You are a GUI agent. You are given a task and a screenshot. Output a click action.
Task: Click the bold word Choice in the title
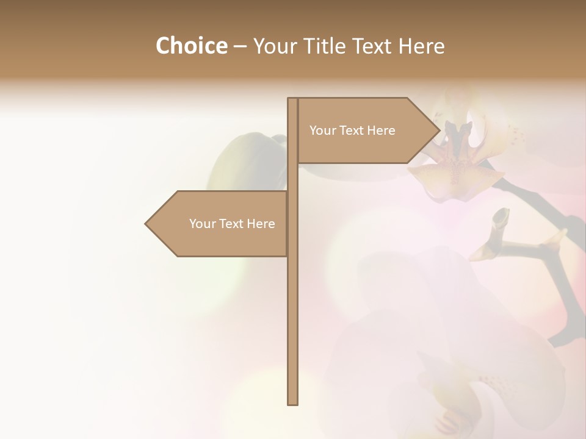(x=191, y=46)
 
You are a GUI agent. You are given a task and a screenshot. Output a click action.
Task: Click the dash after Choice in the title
(x=240, y=46)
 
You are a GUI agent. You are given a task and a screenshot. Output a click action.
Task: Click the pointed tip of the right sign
(x=438, y=130)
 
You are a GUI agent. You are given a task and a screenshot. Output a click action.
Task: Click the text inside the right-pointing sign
(x=352, y=130)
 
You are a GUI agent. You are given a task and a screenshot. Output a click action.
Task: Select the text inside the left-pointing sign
(x=232, y=224)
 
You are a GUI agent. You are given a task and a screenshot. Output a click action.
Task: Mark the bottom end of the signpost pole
(x=292, y=402)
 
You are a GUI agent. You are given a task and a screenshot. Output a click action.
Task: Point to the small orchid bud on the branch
(x=500, y=217)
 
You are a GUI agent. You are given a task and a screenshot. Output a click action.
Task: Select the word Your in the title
(x=273, y=46)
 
